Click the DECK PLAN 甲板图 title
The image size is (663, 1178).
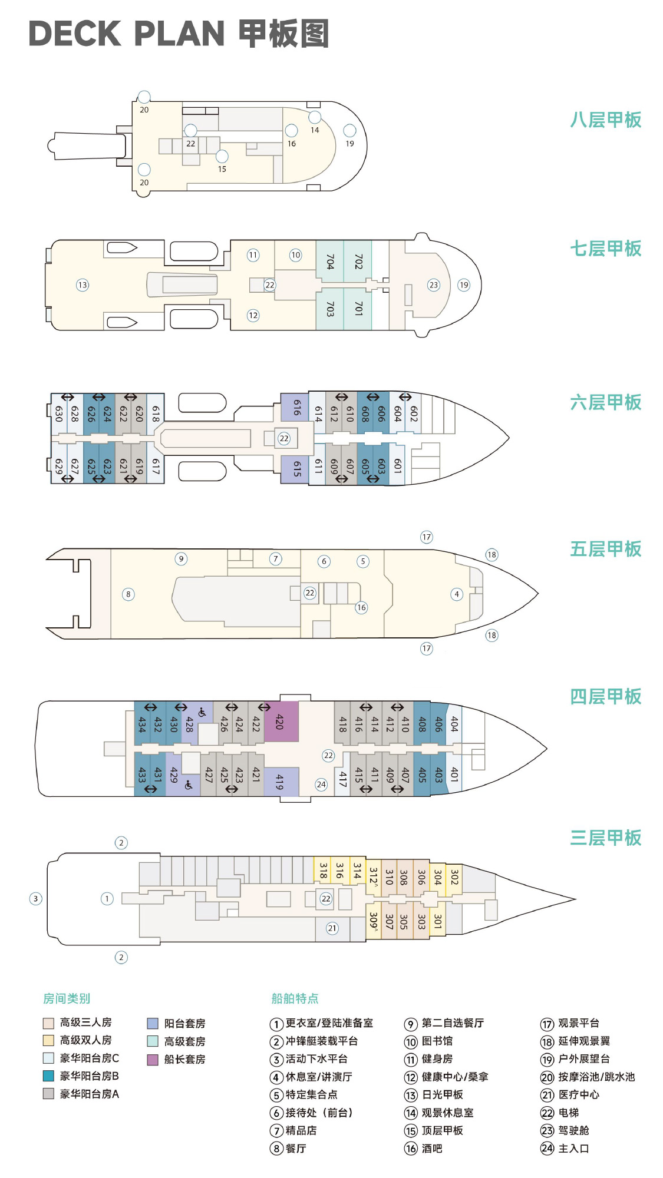click(179, 34)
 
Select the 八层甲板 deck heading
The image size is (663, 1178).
click(605, 120)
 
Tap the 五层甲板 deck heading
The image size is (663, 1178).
click(605, 549)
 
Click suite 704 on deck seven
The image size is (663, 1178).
click(330, 262)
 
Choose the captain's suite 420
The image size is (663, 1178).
click(281, 722)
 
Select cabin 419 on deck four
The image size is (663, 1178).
click(281, 782)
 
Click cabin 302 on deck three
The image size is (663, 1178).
click(454, 878)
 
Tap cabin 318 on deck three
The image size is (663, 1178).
click(322, 871)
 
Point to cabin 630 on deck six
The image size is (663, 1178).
click(59, 413)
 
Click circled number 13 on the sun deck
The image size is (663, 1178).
click(83, 285)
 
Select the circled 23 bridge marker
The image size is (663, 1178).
click(434, 285)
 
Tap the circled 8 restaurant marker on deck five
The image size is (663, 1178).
click(128, 594)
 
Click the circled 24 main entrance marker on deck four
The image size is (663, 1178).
click(321, 785)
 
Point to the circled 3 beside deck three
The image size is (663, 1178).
click(36, 899)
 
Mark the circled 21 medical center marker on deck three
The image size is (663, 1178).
click(332, 928)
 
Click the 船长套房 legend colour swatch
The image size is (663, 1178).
click(153, 1060)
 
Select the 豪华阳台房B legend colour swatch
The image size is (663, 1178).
click(48, 1076)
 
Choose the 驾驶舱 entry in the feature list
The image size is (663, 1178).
click(565, 1130)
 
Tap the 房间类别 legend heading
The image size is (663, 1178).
click(67, 998)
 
